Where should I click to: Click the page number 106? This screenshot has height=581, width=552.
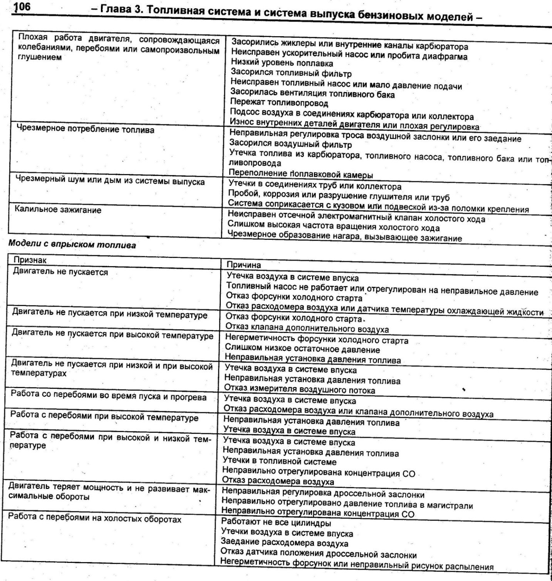(x=23, y=8)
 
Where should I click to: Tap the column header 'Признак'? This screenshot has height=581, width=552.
(x=30, y=260)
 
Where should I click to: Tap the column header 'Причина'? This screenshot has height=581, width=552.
(x=243, y=265)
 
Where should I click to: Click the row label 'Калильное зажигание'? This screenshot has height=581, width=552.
(x=58, y=210)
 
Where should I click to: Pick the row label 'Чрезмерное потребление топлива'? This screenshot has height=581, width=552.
(x=85, y=130)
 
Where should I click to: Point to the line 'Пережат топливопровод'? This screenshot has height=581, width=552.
(x=279, y=103)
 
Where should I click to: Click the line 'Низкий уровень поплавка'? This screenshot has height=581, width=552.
(x=282, y=63)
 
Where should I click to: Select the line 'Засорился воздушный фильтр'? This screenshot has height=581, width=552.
(x=290, y=144)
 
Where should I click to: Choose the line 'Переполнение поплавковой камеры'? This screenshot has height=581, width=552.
(x=301, y=174)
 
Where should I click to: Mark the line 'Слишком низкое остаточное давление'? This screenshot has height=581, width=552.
(x=302, y=350)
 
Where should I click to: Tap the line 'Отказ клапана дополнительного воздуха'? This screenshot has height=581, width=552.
(x=307, y=328)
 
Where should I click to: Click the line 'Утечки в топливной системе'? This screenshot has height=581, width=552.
(x=280, y=461)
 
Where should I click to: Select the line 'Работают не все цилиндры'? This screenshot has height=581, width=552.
(x=276, y=523)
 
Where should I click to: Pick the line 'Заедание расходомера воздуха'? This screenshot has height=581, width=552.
(x=285, y=543)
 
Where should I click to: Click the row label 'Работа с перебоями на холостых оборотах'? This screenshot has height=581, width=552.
(x=95, y=519)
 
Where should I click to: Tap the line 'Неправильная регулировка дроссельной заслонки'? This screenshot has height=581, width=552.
(x=323, y=494)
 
